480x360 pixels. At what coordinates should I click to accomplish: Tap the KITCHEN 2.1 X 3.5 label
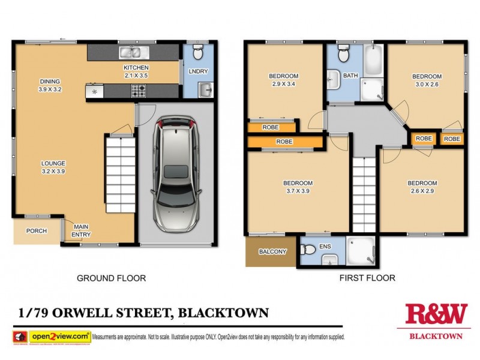click(136, 71)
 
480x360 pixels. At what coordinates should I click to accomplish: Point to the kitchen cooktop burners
click(139, 91)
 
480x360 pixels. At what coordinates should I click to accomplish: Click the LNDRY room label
click(198, 71)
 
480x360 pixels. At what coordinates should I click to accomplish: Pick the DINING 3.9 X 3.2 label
click(50, 85)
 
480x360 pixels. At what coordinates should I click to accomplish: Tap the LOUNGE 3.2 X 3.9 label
click(53, 167)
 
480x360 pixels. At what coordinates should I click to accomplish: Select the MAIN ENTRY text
click(81, 230)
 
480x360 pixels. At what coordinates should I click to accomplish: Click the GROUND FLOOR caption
click(111, 278)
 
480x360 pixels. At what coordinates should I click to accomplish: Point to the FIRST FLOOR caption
click(368, 278)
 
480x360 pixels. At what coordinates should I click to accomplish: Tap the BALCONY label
click(272, 251)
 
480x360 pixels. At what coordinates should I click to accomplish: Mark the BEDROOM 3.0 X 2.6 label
click(427, 80)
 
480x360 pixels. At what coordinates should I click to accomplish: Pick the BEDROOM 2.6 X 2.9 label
click(422, 187)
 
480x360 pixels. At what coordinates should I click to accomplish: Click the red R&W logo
click(436, 314)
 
